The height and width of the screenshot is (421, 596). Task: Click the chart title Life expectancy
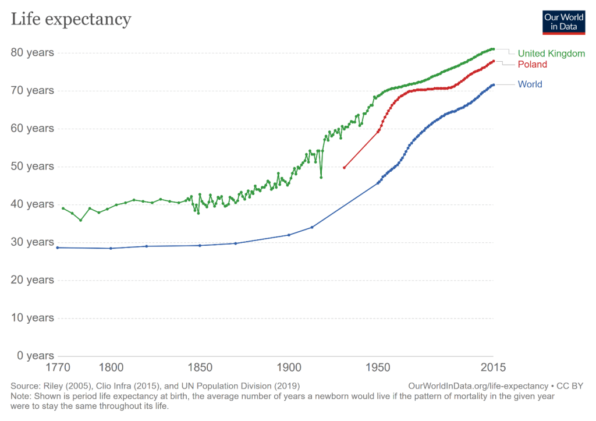coord(71,19)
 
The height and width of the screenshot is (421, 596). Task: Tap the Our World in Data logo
coord(563,22)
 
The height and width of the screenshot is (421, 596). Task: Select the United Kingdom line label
coord(551,54)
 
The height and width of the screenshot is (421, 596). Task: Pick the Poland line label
coord(532,64)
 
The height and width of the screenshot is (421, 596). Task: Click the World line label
coord(530,84)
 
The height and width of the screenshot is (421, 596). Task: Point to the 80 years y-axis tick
coord(33,52)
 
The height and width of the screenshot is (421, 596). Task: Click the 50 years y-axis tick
coord(33,167)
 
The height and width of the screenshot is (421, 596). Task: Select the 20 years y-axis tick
coord(33,280)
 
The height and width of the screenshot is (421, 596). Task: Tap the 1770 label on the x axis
coord(58,368)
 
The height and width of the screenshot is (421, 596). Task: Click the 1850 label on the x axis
coord(200,368)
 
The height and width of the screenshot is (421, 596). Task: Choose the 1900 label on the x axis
coord(289,368)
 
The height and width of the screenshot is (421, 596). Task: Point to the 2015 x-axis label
coord(492,368)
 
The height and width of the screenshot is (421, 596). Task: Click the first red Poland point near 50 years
coord(344,168)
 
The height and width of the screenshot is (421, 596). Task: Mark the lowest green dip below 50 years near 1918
coord(321,177)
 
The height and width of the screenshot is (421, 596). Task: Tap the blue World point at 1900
coord(289,235)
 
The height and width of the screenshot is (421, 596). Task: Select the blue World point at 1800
coord(111,248)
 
